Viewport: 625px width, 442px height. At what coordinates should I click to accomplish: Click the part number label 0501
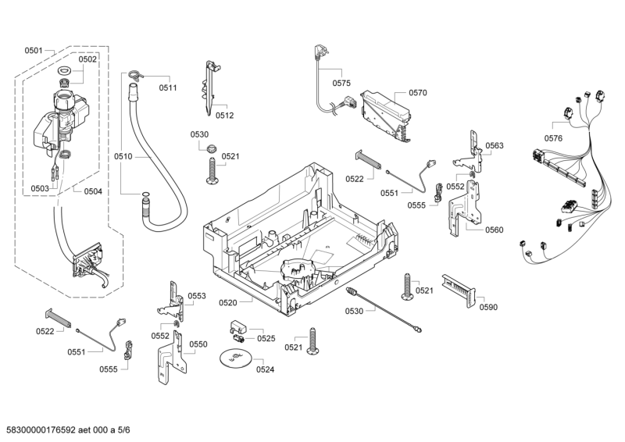click(x=33, y=50)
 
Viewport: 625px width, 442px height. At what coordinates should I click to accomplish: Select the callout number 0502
click(x=87, y=59)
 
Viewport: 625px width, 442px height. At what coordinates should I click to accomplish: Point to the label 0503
click(x=40, y=188)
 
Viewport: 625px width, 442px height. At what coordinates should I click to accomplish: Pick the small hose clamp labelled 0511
click(x=135, y=76)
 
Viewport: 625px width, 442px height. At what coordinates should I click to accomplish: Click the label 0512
click(x=224, y=115)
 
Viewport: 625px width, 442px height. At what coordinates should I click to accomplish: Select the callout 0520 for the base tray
click(x=228, y=302)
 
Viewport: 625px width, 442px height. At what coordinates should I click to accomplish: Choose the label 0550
click(x=198, y=344)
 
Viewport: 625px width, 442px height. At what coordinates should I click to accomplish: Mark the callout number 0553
click(x=196, y=296)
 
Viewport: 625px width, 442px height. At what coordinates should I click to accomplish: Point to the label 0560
click(x=494, y=230)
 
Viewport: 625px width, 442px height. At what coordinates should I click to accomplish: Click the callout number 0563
click(x=494, y=145)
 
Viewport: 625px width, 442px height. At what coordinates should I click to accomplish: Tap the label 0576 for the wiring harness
click(x=553, y=138)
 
